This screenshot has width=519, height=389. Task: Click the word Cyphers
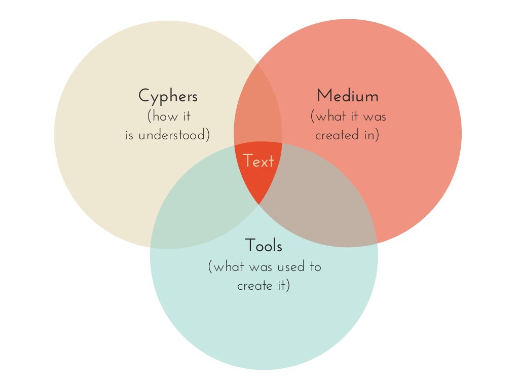pyautogui.click(x=168, y=96)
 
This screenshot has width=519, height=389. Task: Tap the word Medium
pyautogui.click(x=347, y=96)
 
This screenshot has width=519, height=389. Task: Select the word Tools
pyautogui.click(x=264, y=246)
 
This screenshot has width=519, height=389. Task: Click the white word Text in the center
pyautogui.click(x=258, y=161)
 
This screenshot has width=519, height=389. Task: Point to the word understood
pyautogui.click(x=174, y=136)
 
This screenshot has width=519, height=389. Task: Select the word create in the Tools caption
pyautogui.click(x=254, y=286)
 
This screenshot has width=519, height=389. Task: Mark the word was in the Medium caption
pyautogui.click(x=375, y=116)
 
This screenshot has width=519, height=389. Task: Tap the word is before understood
pyautogui.click(x=130, y=136)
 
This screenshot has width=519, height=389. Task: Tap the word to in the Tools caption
pyautogui.click(x=315, y=266)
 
